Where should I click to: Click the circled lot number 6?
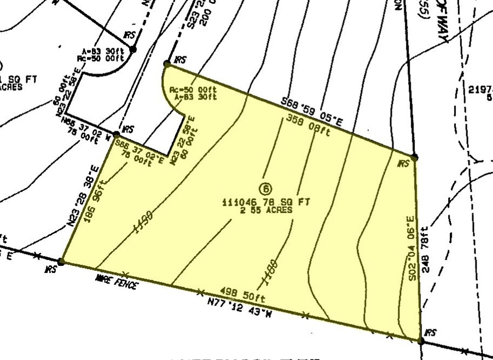(266, 190)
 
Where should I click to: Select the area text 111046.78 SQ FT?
(266, 202)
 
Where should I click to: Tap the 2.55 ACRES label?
(266, 210)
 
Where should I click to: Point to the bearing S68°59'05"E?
(311, 111)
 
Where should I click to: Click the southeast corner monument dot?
(420, 340)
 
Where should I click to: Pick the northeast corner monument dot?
(414, 157)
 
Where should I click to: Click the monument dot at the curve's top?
(166, 64)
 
